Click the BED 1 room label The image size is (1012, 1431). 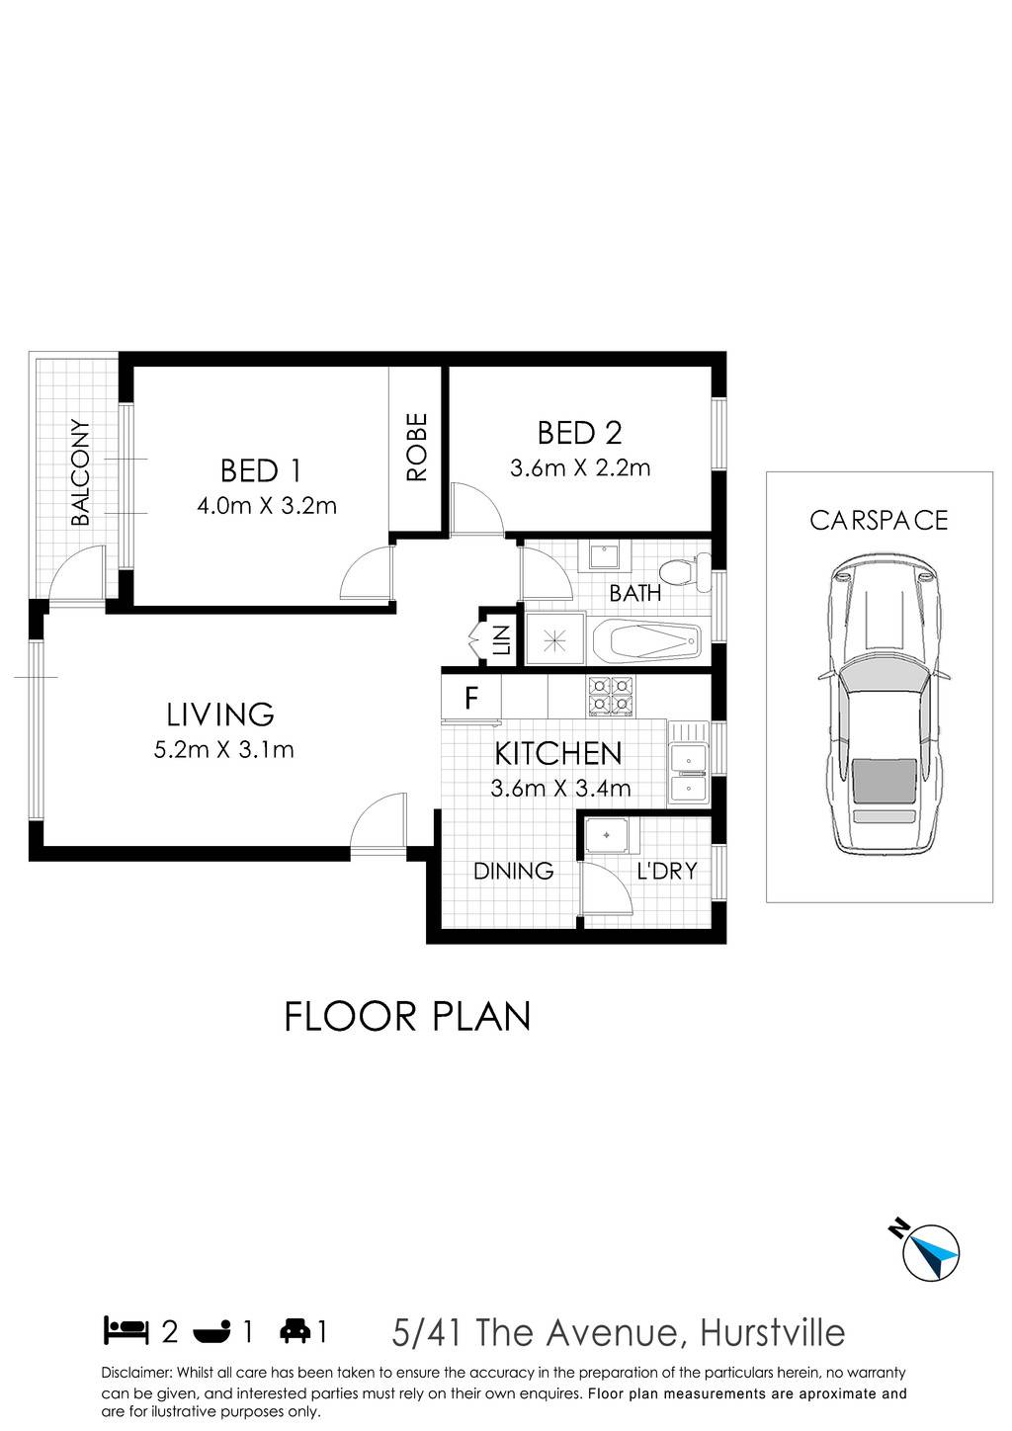coord(260,471)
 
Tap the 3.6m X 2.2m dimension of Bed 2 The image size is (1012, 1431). coord(580,468)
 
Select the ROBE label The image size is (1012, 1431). coord(416,447)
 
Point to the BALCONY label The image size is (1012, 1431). coord(80,472)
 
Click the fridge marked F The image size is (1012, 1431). coord(470,698)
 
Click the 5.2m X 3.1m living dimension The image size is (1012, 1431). coord(223,749)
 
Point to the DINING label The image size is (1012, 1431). coord(514,871)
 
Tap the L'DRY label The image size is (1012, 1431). coord(666,871)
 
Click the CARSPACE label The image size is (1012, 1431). coord(879,521)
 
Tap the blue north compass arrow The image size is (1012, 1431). coord(935,1254)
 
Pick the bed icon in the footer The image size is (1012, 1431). coord(126,1332)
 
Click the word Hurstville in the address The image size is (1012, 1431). coord(773,1332)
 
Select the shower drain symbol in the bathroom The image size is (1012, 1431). coord(553,640)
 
